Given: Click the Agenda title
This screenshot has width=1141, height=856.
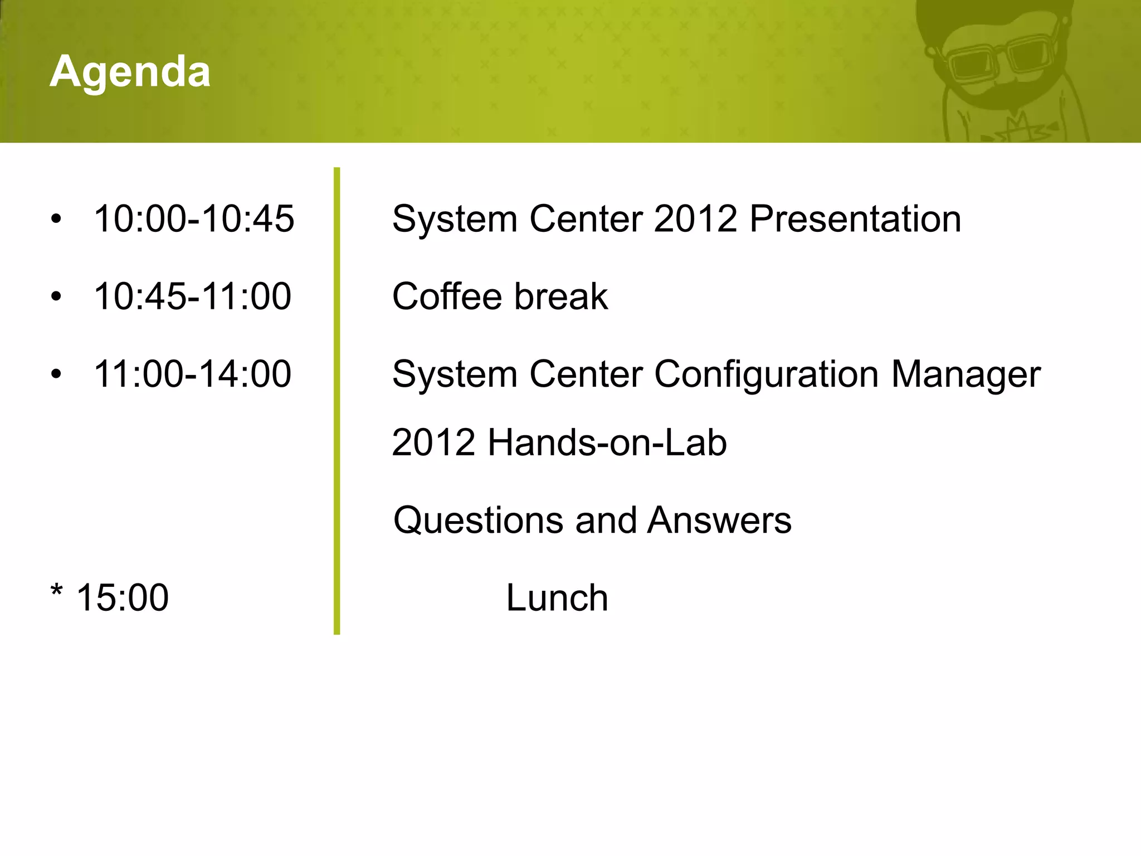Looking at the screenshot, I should tap(130, 72).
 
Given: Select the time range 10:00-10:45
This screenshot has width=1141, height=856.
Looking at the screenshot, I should tap(194, 218).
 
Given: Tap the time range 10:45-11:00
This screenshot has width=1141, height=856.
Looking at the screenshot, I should tap(192, 296).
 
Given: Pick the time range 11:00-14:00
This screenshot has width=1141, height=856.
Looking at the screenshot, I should tap(192, 373).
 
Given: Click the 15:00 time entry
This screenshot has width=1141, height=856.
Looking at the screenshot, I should tap(122, 597).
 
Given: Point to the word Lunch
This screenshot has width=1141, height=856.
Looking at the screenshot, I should tap(557, 598).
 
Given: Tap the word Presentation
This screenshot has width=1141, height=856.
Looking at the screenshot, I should tap(855, 218).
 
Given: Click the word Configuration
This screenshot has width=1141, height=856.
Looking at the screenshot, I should tap(766, 374).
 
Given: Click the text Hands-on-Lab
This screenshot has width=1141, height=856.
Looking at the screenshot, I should tap(607, 443).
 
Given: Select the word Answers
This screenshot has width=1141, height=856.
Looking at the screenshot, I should tap(719, 521).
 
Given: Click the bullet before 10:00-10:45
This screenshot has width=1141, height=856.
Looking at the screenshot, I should tap(56, 220).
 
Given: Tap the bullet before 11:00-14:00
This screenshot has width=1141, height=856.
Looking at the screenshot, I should tap(56, 374).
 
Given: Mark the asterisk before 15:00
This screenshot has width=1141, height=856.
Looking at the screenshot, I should tap(56, 590).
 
